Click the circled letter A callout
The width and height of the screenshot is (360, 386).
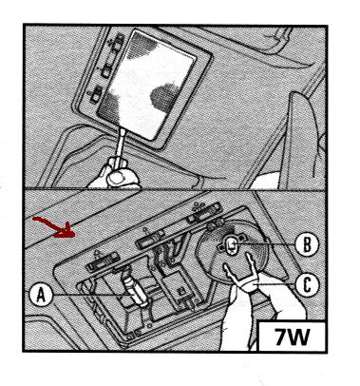41,295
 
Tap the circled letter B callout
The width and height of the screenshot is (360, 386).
307,244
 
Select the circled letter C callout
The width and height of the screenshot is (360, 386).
307,285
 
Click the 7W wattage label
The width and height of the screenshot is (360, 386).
292,337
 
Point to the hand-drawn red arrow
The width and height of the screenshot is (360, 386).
55,226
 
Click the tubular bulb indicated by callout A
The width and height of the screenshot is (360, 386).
135,289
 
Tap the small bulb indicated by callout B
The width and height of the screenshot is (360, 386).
232,245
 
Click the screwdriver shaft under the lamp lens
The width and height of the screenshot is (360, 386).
120,144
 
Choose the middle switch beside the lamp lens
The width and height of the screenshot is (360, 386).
105,70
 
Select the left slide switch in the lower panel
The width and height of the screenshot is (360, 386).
103,261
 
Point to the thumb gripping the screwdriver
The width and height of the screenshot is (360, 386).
118,178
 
